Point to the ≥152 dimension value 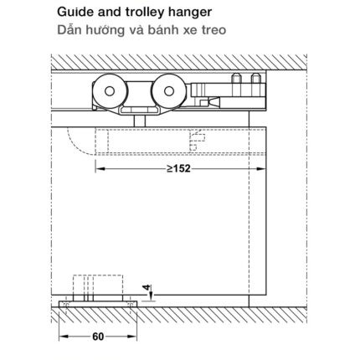click(178, 168)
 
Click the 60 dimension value click(98, 337)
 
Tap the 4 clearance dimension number click(147, 288)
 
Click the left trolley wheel click(110, 91)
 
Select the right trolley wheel click(169, 91)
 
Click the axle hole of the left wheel click(110, 91)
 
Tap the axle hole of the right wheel click(169, 91)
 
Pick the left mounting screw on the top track click(236, 79)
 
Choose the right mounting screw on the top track click(255, 79)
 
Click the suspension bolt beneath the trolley click(139, 121)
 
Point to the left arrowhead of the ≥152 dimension click(100, 168)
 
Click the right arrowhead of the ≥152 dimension click(261, 168)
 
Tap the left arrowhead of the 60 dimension click(64, 337)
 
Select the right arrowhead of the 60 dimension click(132, 337)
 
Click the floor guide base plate click(98, 304)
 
